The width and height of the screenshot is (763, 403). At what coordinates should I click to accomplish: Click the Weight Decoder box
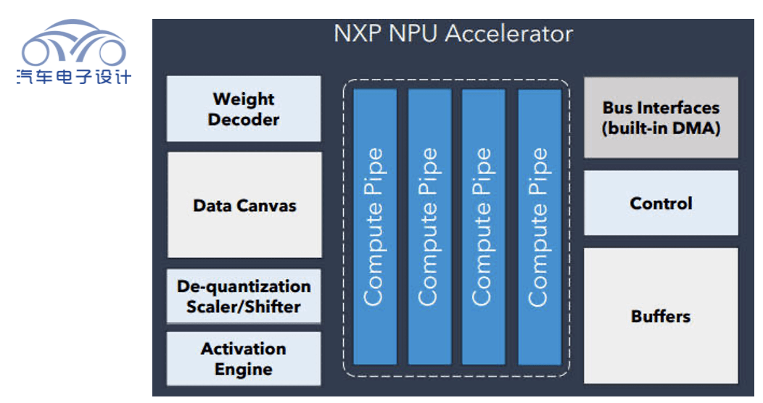coord(244,109)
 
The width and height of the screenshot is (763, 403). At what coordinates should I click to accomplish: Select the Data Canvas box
coord(244,205)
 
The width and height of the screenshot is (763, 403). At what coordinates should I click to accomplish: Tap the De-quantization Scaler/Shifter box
coord(244,296)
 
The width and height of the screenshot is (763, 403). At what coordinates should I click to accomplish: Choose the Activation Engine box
coord(244,359)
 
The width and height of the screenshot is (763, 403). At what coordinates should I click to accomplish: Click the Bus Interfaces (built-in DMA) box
coord(661,118)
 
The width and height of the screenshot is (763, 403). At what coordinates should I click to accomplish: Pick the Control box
coord(661,203)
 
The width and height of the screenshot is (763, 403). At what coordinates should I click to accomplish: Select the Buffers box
coord(661,316)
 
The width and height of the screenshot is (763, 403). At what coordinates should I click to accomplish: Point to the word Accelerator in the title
coord(510,33)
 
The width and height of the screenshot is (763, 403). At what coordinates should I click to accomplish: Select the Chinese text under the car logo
coord(73,76)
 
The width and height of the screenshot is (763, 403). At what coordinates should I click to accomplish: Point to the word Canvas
coord(268,206)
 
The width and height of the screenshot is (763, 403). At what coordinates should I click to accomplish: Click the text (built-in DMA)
coord(661,129)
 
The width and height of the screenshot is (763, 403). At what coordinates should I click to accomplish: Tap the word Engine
coord(244,369)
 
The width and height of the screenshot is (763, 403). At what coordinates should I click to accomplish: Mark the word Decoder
coord(244,119)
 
